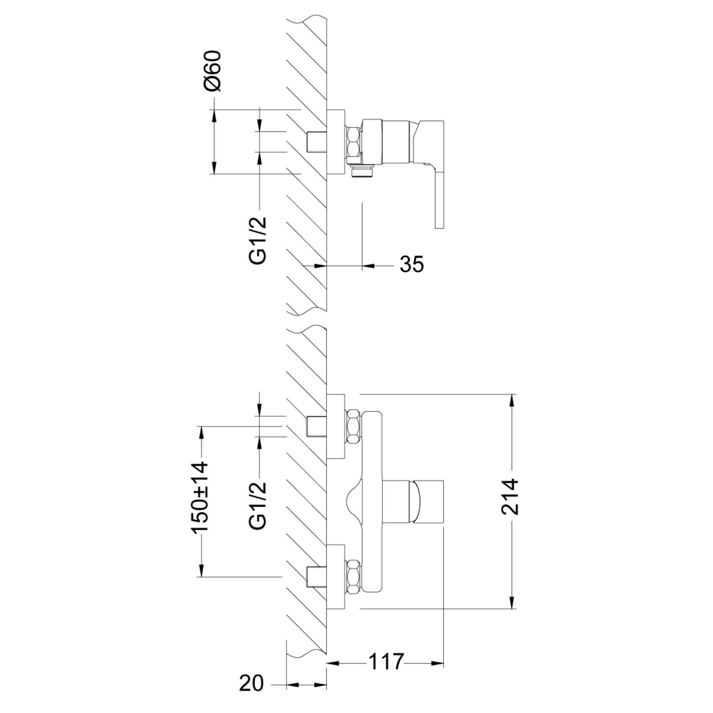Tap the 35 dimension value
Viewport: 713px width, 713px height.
coord(412,264)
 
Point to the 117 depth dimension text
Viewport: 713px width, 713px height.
coord(386,662)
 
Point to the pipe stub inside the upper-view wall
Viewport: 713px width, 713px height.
coord(317,142)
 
